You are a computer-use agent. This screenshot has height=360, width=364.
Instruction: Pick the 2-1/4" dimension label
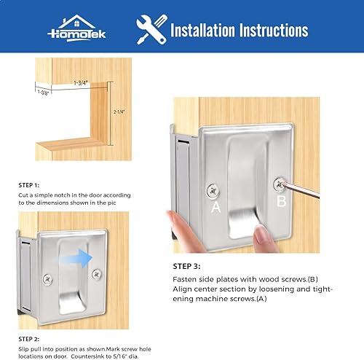pos(119,112)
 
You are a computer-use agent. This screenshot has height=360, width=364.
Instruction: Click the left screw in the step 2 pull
pos(47,278)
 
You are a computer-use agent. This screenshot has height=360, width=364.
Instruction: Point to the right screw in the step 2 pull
pos(97,274)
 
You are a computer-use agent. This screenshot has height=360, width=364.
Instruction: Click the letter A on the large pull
pos(215,207)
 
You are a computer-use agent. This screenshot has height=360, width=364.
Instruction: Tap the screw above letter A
pos(213,189)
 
